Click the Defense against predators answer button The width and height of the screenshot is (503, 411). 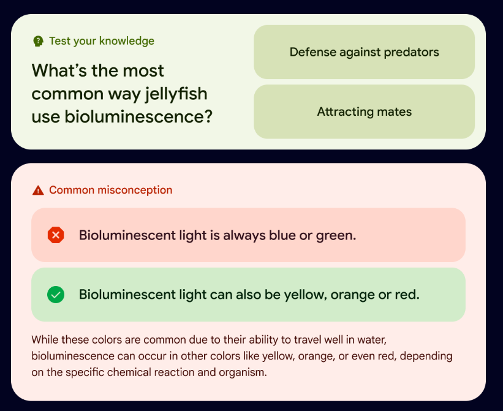click(x=364, y=52)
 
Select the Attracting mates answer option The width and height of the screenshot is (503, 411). click(x=364, y=111)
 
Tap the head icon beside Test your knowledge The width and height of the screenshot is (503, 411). click(x=38, y=41)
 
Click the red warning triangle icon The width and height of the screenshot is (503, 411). click(x=38, y=190)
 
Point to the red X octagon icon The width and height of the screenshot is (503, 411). click(x=56, y=235)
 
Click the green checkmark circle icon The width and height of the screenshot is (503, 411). click(x=56, y=294)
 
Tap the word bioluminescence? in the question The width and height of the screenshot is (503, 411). click(x=138, y=116)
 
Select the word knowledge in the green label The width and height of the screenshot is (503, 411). click(x=127, y=42)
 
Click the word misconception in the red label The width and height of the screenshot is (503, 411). click(x=135, y=190)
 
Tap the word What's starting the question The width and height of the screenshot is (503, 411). click(x=59, y=70)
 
